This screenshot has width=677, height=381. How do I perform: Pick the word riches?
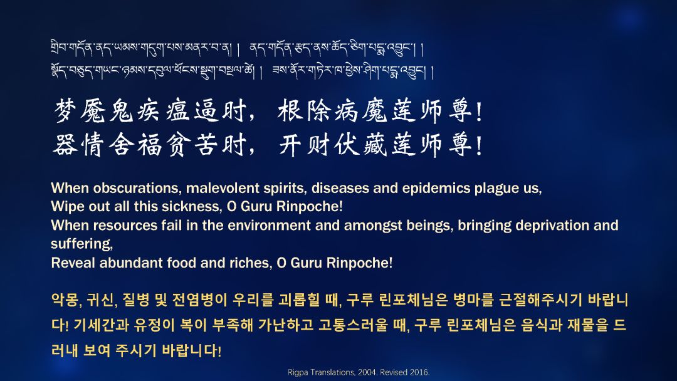coord(253,263)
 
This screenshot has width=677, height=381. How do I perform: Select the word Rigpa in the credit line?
coord(297,372)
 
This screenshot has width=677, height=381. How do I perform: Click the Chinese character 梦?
coord(65,110)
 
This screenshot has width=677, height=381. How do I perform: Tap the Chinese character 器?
coord(65,144)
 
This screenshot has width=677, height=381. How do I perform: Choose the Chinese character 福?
coord(149,144)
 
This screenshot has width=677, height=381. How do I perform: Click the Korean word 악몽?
coord(65,300)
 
